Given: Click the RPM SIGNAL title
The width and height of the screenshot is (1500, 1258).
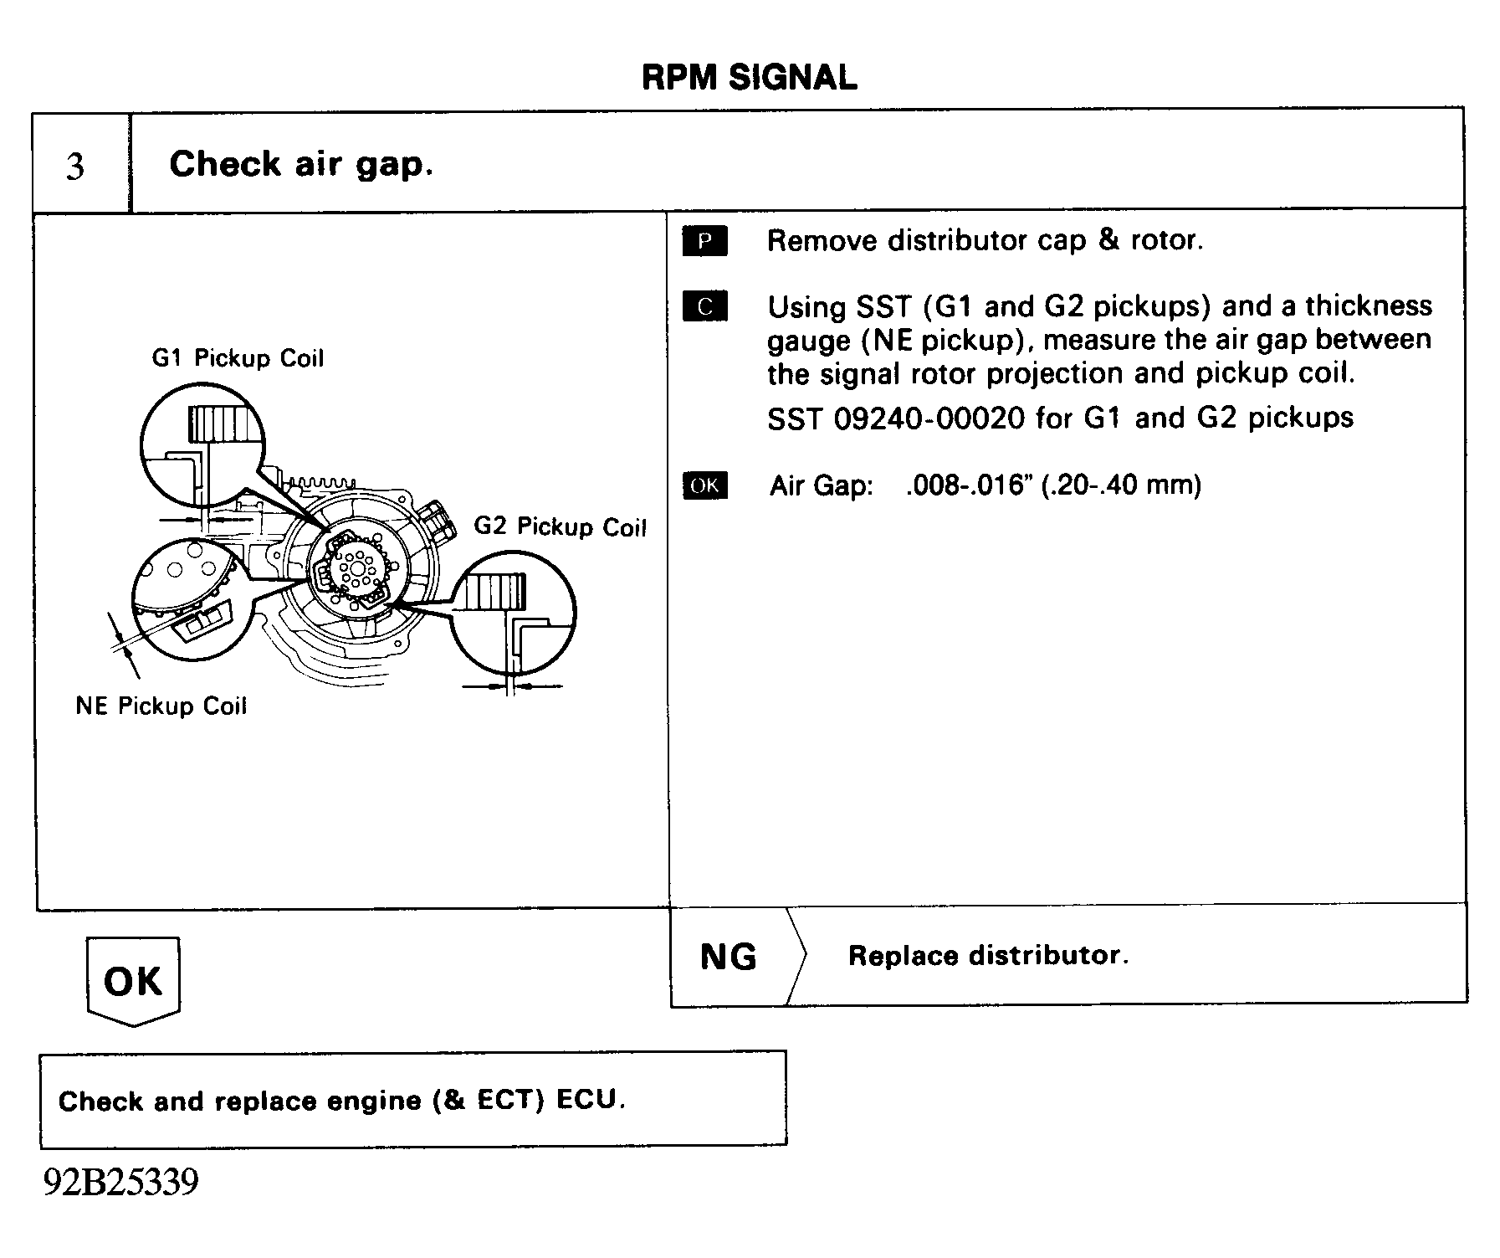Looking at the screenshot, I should point(749,78).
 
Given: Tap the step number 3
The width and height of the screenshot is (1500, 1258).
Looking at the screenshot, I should point(75,167).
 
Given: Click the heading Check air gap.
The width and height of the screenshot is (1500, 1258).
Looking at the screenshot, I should point(301,164).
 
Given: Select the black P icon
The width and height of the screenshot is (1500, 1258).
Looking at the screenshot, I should point(704,241).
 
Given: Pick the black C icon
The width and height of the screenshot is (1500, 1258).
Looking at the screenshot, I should point(704,306).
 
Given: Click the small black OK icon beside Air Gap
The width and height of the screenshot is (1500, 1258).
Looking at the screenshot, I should point(704,485).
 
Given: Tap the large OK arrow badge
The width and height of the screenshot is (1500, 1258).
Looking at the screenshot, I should point(133,980).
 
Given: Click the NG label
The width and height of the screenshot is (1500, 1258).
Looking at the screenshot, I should point(728,957).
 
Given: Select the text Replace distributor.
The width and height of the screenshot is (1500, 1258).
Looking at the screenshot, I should point(988,955).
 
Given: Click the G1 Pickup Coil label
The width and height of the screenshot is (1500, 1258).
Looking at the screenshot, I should point(238,358).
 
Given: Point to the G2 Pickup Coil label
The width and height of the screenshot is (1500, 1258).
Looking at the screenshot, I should point(560,526).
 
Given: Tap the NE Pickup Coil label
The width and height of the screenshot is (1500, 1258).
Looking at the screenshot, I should point(161,706).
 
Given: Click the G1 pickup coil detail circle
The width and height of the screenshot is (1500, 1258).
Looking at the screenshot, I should point(202,445).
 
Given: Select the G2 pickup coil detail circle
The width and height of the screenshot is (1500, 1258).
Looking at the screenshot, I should point(513,612).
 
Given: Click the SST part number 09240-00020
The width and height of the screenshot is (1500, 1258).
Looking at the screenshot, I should point(929,418).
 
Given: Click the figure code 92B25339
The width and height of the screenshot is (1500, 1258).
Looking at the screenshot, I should point(121,1183).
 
